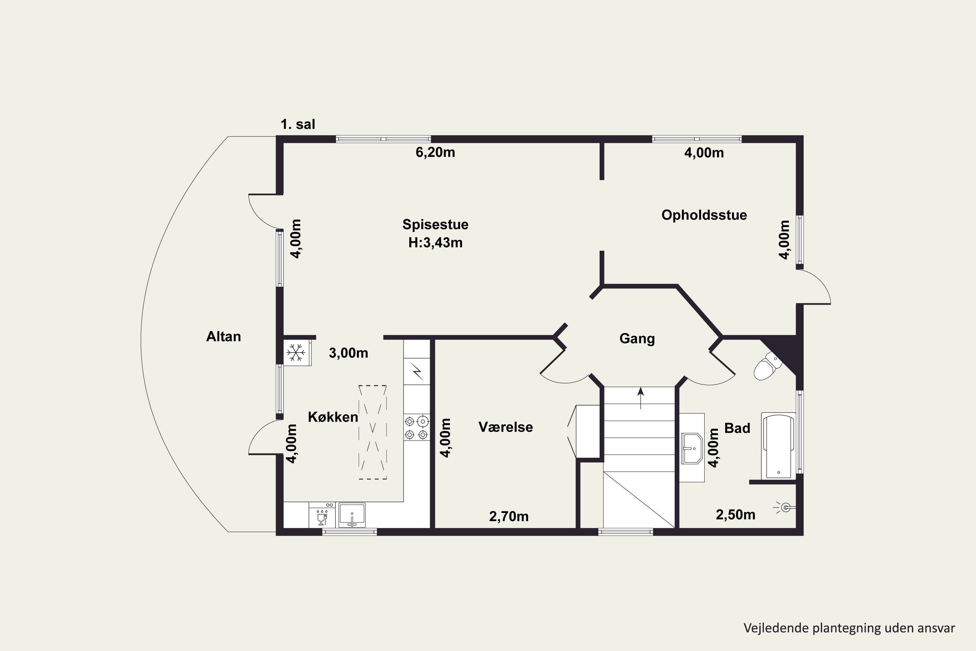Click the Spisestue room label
435,225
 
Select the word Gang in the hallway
637,339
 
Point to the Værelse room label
506,427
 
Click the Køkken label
333,417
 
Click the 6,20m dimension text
435,152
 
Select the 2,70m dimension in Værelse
509,517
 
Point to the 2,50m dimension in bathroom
735,515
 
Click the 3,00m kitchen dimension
348,353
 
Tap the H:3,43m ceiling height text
435,242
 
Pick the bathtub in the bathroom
779,446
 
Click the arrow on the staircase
641,398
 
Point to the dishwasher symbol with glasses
322,515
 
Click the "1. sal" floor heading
298,124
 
